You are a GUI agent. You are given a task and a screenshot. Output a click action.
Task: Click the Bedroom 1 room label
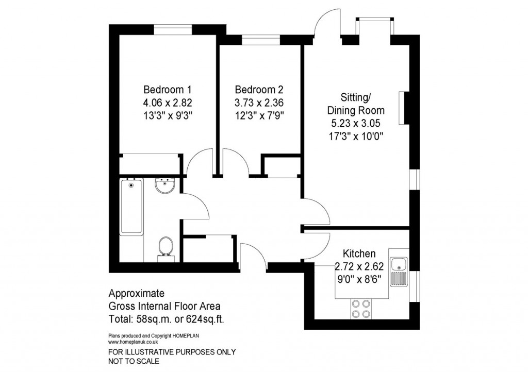click(x=163, y=88)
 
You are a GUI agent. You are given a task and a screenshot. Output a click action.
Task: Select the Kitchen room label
click(x=359, y=253)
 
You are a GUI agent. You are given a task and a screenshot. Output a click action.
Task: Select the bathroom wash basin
click(x=166, y=185)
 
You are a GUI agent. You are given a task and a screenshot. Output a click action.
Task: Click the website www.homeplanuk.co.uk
click(x=133, y=341)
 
